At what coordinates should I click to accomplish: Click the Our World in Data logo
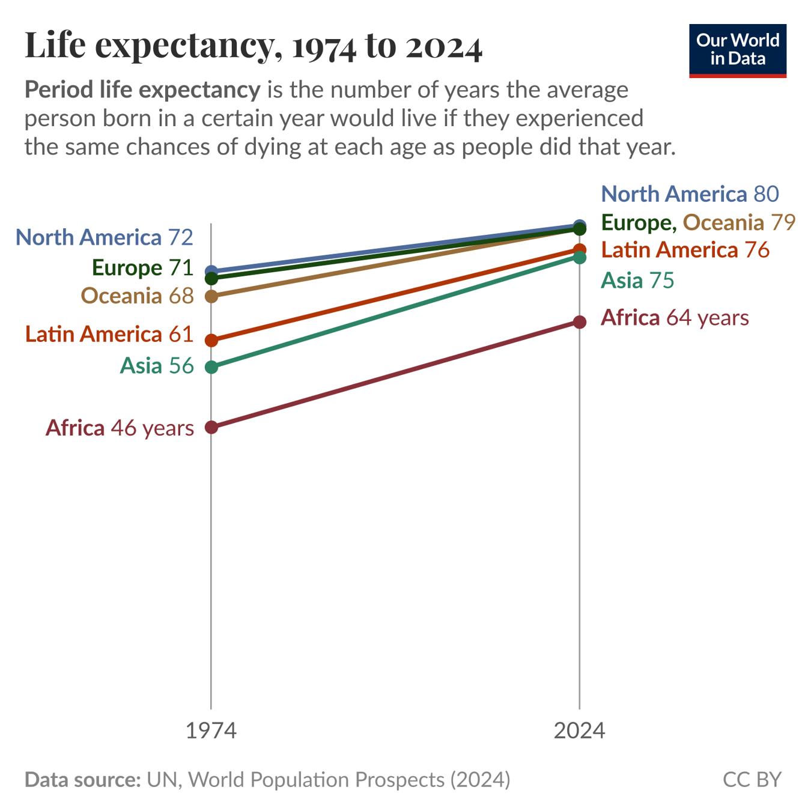[737, 50]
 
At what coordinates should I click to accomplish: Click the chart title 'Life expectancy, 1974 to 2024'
[253, 46]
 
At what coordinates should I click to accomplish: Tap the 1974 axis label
[211, 731]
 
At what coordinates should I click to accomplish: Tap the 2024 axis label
[579, 731]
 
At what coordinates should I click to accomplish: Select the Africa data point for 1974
[211, 427]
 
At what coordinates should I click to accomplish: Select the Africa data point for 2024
[579, 322]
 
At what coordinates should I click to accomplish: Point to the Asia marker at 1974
[211, 367]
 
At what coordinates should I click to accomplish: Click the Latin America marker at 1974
[211, 340]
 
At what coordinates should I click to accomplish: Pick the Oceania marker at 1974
[211, 296]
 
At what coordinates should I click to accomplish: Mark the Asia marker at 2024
[579, 257]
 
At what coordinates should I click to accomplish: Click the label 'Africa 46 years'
[120, 428]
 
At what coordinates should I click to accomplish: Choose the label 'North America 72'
[104, 237]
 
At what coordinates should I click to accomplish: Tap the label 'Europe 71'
[142, 267]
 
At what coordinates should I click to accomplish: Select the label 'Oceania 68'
[138, 296]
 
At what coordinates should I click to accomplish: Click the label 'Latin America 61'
[109, 334]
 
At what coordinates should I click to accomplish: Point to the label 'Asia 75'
[637, 281]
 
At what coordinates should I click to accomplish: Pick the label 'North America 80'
[690, 194]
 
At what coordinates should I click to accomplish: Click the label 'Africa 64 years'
[675, 317]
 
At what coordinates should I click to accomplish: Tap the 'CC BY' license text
[752, 779]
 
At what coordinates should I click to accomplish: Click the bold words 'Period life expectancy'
[142, 90]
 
